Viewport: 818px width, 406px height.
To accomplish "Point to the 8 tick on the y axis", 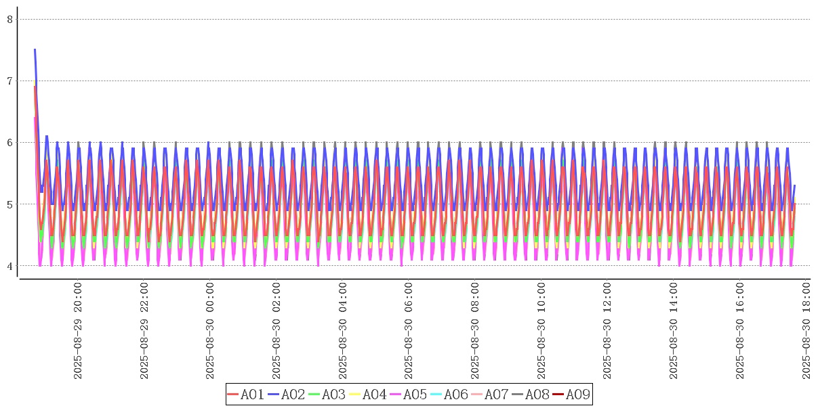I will [x=10, y=20].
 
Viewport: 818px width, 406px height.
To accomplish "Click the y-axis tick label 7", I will [x=10, y=81].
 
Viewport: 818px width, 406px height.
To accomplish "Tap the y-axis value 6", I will [x=10, y=143].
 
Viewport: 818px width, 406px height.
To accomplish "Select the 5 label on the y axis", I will [x=10, y=204].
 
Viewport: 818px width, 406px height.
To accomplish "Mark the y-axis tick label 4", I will [x=10, y=266].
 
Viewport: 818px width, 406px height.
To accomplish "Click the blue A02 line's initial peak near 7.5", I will [x=35, y=50].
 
